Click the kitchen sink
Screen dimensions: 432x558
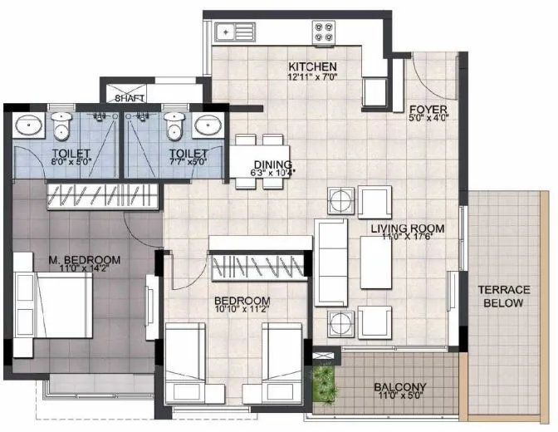point(225,33)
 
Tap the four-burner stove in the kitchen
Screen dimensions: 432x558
point(324,33)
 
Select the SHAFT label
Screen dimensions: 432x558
point(130,98)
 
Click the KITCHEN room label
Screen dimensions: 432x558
point(312,66)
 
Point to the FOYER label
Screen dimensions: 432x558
point(428,108)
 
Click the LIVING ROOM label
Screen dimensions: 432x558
point(407,228)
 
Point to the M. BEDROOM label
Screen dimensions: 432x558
point(83,260)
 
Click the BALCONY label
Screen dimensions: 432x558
point(399,386)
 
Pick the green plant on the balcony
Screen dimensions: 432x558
point(325,383)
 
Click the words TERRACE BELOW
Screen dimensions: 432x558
point(504,297)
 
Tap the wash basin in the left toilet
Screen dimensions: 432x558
point(32,126)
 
